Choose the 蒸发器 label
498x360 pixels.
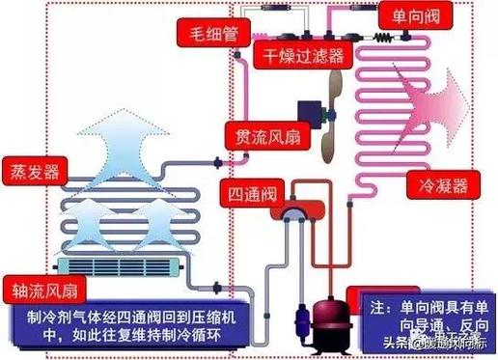32,172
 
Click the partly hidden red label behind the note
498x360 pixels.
376,291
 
